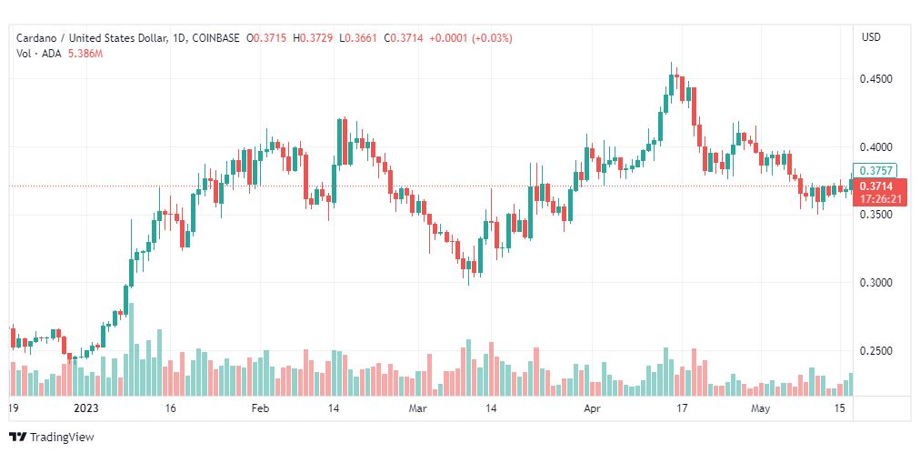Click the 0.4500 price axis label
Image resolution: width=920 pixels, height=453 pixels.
pos(875,79)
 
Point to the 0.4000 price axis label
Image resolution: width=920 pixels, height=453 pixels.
pos(875,146)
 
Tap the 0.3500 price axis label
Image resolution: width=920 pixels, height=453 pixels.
pos(875,215)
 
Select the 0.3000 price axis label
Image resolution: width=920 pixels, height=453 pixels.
pos(875,283)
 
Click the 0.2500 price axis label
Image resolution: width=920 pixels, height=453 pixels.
pos(875,351)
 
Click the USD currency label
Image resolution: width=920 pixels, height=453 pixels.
pos(871,37)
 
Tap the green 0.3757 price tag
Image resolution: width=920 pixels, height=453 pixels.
pos(875,171)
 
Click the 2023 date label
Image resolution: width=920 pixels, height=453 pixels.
pos(85,408)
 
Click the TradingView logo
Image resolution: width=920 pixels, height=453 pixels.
pos(52,438)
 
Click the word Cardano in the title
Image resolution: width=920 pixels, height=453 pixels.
pos(35,38)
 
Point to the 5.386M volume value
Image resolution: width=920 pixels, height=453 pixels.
pos(85,54)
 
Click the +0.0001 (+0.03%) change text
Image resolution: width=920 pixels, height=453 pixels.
pos(471,38)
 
